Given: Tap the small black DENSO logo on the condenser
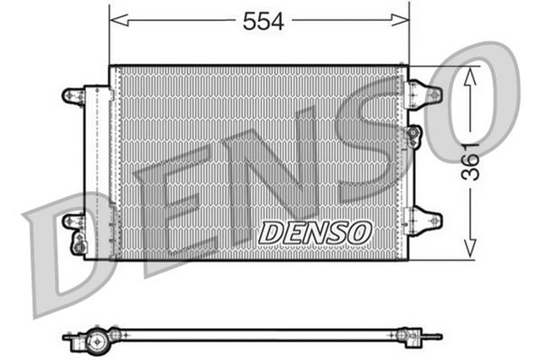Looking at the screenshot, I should click(x=314, y=231).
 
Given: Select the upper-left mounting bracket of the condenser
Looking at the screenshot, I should click(x=74, y=94).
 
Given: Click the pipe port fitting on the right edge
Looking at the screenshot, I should click(x=413, y=134).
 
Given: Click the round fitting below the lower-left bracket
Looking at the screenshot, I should click(x=78, y=245).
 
